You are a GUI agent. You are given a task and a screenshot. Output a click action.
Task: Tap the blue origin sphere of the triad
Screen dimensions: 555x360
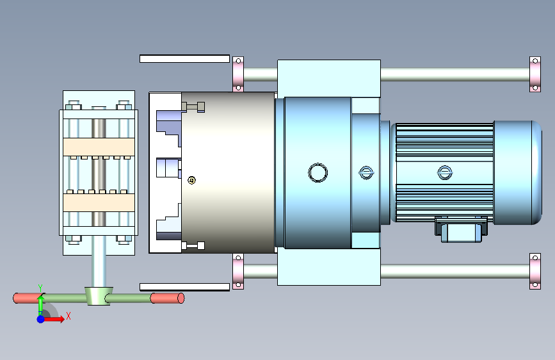click(40, 319)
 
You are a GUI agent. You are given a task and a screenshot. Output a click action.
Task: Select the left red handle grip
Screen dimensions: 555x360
click(28, 298)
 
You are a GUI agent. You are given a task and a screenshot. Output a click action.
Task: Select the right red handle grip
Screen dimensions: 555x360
click(168, 298)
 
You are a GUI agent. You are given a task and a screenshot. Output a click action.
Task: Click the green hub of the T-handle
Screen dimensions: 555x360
click(99, 296)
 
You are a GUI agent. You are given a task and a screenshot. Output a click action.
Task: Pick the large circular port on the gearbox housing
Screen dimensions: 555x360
click(318, 173)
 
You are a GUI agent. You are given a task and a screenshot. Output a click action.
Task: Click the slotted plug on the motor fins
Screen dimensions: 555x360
click(444, 173)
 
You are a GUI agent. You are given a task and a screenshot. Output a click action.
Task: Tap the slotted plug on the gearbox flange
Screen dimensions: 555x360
click(366, 173)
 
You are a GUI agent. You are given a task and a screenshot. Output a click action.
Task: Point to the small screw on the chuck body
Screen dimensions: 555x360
click(191, 181)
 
